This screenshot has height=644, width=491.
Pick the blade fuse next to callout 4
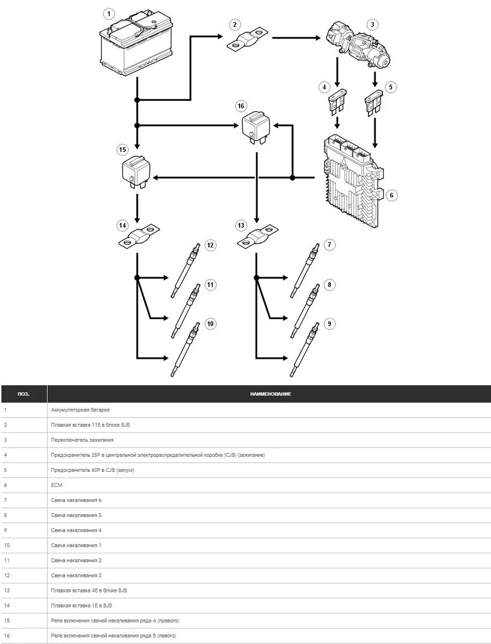336,103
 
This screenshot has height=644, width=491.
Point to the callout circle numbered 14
123,225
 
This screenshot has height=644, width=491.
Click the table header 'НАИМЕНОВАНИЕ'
270,394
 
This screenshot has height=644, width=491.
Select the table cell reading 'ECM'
57,485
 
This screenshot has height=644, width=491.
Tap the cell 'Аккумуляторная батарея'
80,410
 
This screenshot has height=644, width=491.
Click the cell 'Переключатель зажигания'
82,440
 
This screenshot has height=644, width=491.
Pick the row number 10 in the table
7,545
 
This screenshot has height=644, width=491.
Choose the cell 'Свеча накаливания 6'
76,500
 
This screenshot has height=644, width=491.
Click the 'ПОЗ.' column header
24,394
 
